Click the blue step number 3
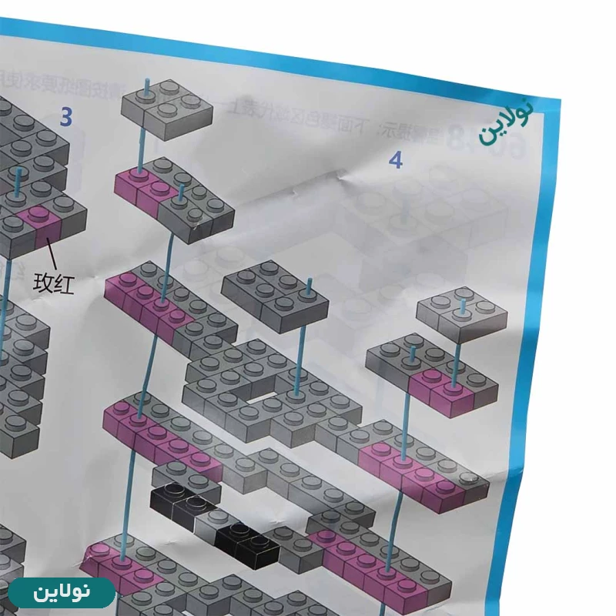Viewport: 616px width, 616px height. pos(67,117)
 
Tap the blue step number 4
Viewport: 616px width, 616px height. pos(396,160)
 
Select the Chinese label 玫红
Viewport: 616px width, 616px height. pos(55,284)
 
